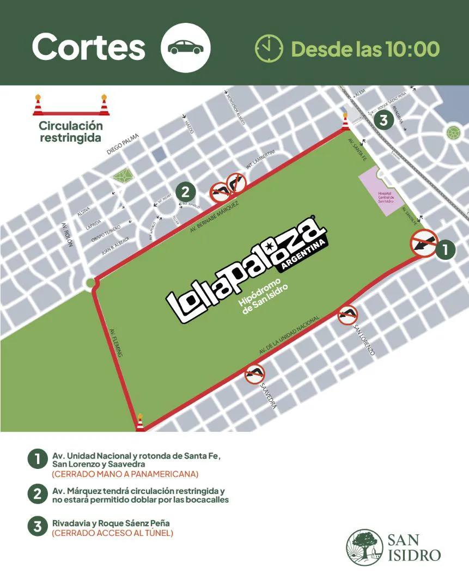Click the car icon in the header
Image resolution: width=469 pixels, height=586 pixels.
pos(186,48)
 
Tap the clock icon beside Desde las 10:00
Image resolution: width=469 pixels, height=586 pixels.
pos(269,48)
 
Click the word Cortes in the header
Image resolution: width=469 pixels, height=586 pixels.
pos(89,47)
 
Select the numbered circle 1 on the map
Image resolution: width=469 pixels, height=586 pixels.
pos(445,249)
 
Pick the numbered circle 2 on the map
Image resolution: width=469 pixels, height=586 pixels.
pos(185,192)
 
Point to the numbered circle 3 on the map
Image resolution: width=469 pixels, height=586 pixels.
pos(383,120)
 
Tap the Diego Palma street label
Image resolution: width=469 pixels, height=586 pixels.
pos(123,143)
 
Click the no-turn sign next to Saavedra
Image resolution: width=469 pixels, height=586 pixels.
pos(254,374)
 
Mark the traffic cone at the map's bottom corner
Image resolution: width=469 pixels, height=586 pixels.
pos(140,422)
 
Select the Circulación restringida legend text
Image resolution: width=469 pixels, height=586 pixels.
pos(71,132)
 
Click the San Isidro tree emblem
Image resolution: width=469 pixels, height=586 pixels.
pos(364,547)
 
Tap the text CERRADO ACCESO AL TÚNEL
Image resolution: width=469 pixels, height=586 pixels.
pos(113,533)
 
